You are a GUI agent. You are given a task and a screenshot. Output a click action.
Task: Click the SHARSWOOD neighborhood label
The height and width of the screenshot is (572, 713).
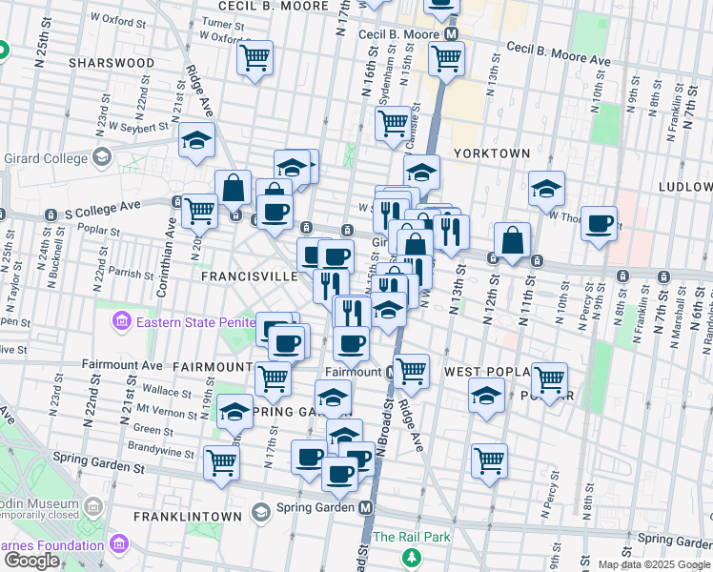(112, 63)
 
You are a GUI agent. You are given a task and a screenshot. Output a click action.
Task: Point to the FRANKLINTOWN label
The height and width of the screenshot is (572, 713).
(188, 516)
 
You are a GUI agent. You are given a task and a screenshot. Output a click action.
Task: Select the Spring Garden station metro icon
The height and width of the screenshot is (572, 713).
(366, 508)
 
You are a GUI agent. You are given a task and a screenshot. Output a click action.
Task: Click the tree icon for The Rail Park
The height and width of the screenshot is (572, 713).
(411, 557)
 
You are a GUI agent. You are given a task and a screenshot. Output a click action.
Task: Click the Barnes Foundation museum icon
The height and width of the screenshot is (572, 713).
(119, 545)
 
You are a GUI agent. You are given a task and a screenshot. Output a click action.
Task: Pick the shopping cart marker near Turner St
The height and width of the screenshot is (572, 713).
(255, 58)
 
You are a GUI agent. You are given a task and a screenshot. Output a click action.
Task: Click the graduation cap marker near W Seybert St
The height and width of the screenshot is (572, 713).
(196, 141)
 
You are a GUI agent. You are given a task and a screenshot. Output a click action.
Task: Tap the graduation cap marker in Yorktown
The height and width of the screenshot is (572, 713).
(547, 189)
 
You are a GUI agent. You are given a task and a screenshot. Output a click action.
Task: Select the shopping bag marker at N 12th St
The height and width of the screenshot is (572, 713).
(512, 241)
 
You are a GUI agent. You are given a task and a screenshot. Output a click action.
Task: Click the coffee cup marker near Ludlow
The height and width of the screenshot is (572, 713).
(600, 224)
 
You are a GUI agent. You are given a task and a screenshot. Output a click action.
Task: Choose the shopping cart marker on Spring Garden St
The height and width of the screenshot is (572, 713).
(221, 463)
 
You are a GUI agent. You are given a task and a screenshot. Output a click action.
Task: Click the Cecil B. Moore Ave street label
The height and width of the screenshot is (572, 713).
(559, 53)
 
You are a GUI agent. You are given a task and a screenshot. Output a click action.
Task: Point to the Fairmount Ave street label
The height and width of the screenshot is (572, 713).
(122, 364)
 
